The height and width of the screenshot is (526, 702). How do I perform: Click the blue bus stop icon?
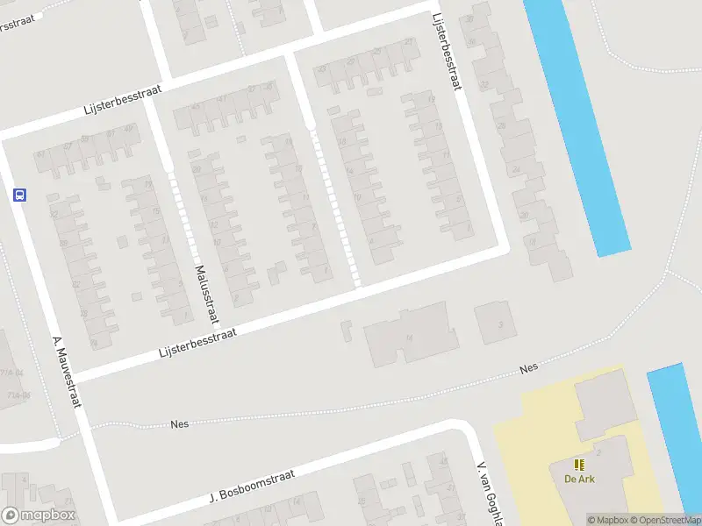point(19,195)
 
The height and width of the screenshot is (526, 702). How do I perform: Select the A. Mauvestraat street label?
point(67,372)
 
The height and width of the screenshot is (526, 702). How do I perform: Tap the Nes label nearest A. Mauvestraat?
point(180,424)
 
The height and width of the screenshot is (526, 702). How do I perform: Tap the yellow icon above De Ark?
point(578,464)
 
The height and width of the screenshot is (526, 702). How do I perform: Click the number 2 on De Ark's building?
point(598,451)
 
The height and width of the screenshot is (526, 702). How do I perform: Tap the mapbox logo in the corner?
point(39,515)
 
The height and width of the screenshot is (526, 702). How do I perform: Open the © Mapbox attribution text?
point(608,520)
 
